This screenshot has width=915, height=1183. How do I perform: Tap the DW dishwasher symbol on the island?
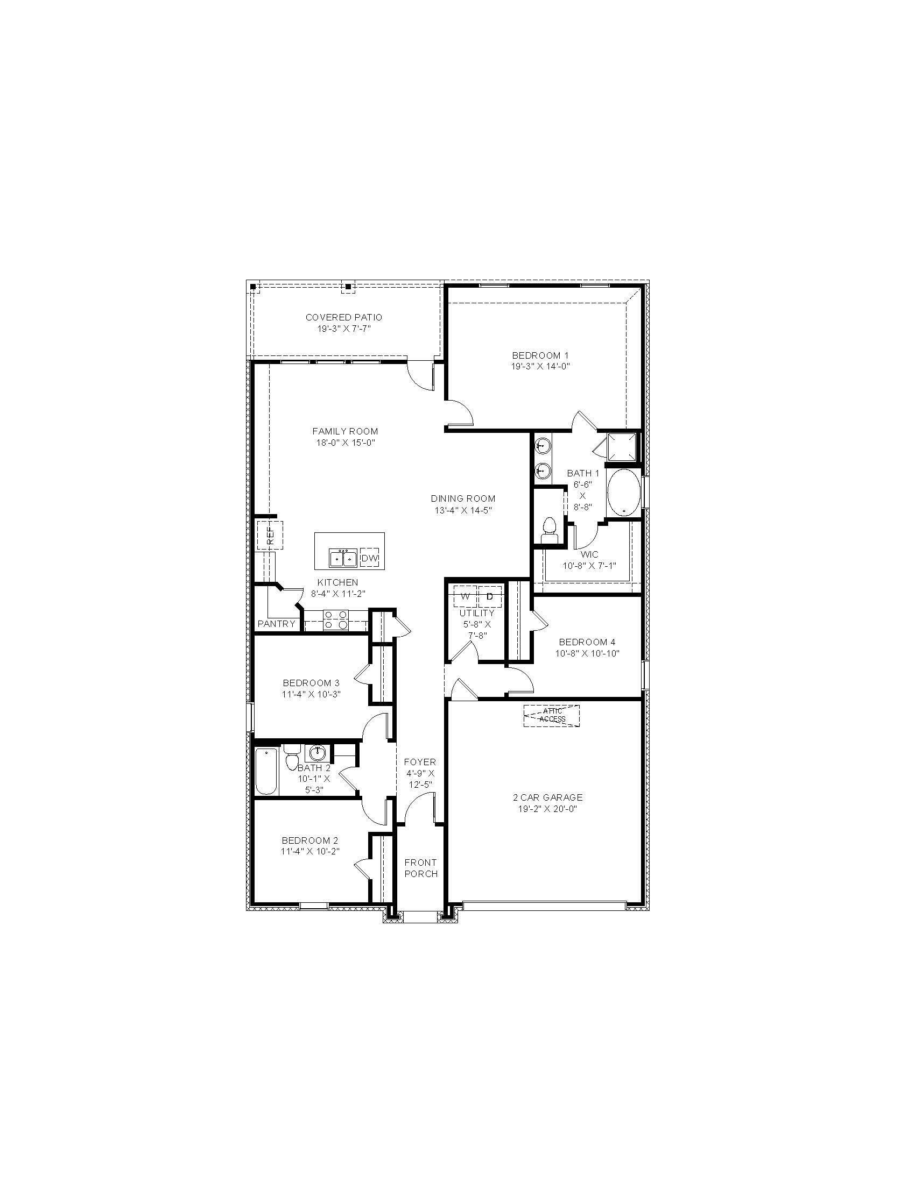pos(370,558)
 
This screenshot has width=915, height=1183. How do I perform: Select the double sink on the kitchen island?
pos(342,558)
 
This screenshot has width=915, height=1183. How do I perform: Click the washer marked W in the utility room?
pos(465,596)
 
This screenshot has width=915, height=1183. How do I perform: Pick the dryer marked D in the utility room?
pos(490,596)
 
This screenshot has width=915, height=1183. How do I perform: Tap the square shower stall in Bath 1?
pos(623,447)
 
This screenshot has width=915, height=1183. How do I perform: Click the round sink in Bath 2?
pos(318,753)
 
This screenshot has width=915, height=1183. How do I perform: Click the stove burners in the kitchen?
pos(335,620)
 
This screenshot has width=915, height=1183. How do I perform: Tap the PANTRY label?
pos(277,623)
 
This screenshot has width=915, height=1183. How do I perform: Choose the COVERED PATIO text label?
pos(344,317)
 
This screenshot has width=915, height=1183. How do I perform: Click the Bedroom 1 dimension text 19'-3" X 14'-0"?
pos(540,366)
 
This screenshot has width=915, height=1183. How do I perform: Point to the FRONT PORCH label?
pos(421,868)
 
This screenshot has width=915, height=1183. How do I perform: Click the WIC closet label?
pos(589,555)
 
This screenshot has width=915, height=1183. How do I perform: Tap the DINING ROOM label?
pos(463,498)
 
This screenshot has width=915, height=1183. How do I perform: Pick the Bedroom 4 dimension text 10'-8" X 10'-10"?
pos(587,653)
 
